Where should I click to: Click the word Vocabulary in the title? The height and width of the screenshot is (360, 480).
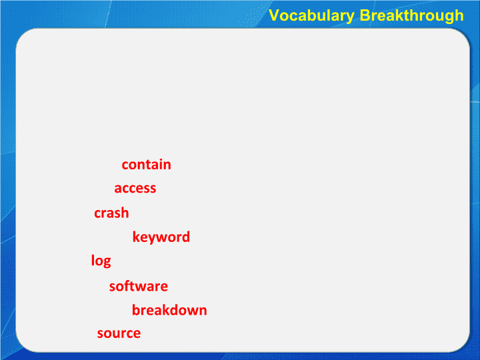[x=311, y=16]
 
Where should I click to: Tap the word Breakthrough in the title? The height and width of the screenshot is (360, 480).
[x=412, y=16]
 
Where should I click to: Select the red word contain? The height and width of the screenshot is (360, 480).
[x=146, y=165]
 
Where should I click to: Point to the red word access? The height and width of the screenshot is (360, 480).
[x=135, y=188]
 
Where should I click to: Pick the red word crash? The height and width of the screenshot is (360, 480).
[x=111, y=213]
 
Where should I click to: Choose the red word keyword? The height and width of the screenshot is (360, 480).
[x=161, y=237]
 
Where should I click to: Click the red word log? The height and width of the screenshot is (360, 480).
[x=101, y=261]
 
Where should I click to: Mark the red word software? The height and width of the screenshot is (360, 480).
[x=139, y=286]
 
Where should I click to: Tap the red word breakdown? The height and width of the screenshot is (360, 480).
[x=169, y=310]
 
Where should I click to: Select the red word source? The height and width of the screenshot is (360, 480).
[x=119, y=333]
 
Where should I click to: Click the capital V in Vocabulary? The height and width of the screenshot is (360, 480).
[x=274, y=15]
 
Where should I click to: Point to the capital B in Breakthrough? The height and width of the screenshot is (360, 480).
[x=365, y=15]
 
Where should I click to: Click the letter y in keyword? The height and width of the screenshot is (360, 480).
[x=153, y=239]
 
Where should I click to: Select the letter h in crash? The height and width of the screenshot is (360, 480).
[x=125, y=213]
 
